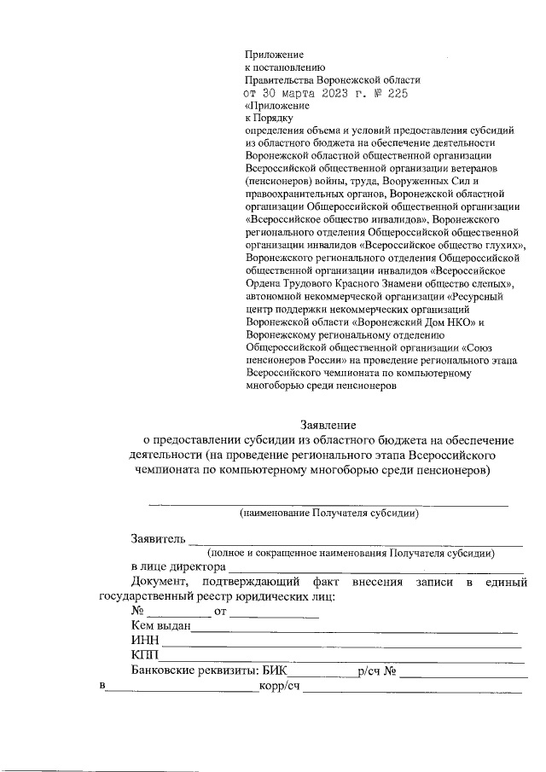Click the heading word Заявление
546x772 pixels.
click(328, 424)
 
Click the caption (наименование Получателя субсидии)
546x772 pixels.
click(328, 514)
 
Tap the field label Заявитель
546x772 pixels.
click(157, 539)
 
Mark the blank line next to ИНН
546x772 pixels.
click(341, 642)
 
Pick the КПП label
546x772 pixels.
click(144, 655)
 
